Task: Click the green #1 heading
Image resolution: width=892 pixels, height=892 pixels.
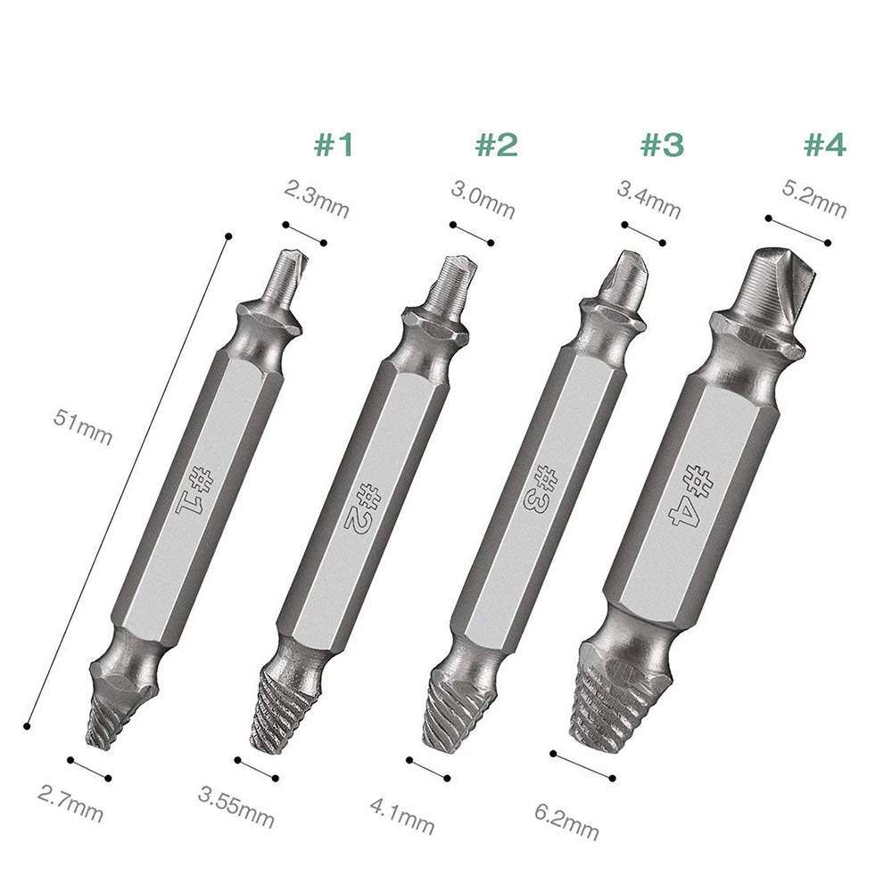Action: (334, 145)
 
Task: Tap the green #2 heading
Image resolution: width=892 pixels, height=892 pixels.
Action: (497, 145)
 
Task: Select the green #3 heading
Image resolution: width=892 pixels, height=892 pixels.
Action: (662, 145)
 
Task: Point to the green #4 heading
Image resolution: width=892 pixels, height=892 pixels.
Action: (825, 145)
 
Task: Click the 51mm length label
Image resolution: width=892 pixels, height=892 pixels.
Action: (83, 427)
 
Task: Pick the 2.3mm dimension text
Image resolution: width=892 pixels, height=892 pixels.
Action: (317, 199)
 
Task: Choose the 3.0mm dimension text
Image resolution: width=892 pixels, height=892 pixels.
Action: (483, 200)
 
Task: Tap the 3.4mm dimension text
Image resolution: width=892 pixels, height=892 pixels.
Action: (649, 200)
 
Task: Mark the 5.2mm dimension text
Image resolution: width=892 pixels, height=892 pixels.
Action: (814, 199)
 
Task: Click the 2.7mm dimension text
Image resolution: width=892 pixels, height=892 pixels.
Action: (70, 804)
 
